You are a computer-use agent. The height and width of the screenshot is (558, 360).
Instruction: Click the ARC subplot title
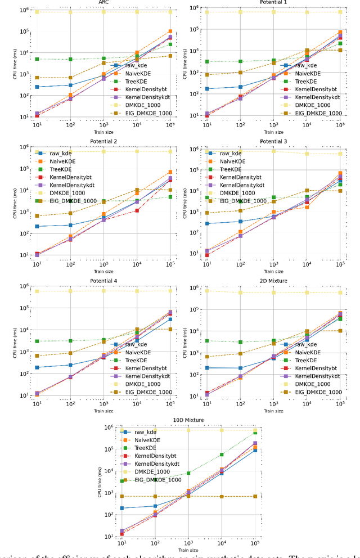point(103,2)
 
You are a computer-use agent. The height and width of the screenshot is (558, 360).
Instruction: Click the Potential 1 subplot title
point(274,2)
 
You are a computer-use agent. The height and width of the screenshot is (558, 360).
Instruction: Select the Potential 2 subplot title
point(103,141)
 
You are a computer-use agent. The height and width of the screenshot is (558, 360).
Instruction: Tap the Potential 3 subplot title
point(274,141)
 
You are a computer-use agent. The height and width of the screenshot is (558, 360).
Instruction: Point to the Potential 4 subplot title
point(103,280)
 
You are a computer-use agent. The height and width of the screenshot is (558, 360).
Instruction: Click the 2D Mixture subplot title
point(274,280)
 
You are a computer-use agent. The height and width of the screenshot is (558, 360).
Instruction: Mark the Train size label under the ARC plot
point(103,130)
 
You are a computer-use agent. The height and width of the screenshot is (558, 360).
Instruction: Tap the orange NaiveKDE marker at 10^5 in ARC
point(170,31)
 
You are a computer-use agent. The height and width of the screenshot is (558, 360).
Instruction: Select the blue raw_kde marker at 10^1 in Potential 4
point(37,367)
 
